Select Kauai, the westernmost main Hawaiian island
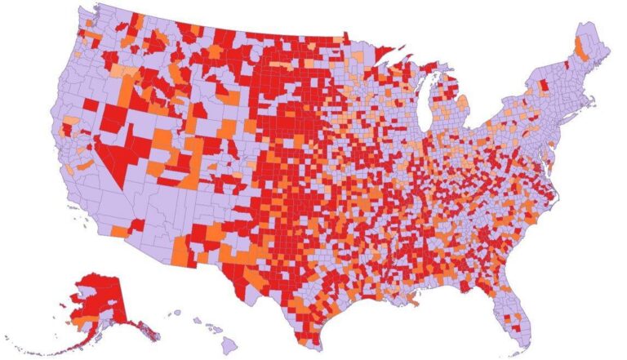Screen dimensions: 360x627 [175, 313]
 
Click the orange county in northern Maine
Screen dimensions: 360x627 [581, 47]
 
